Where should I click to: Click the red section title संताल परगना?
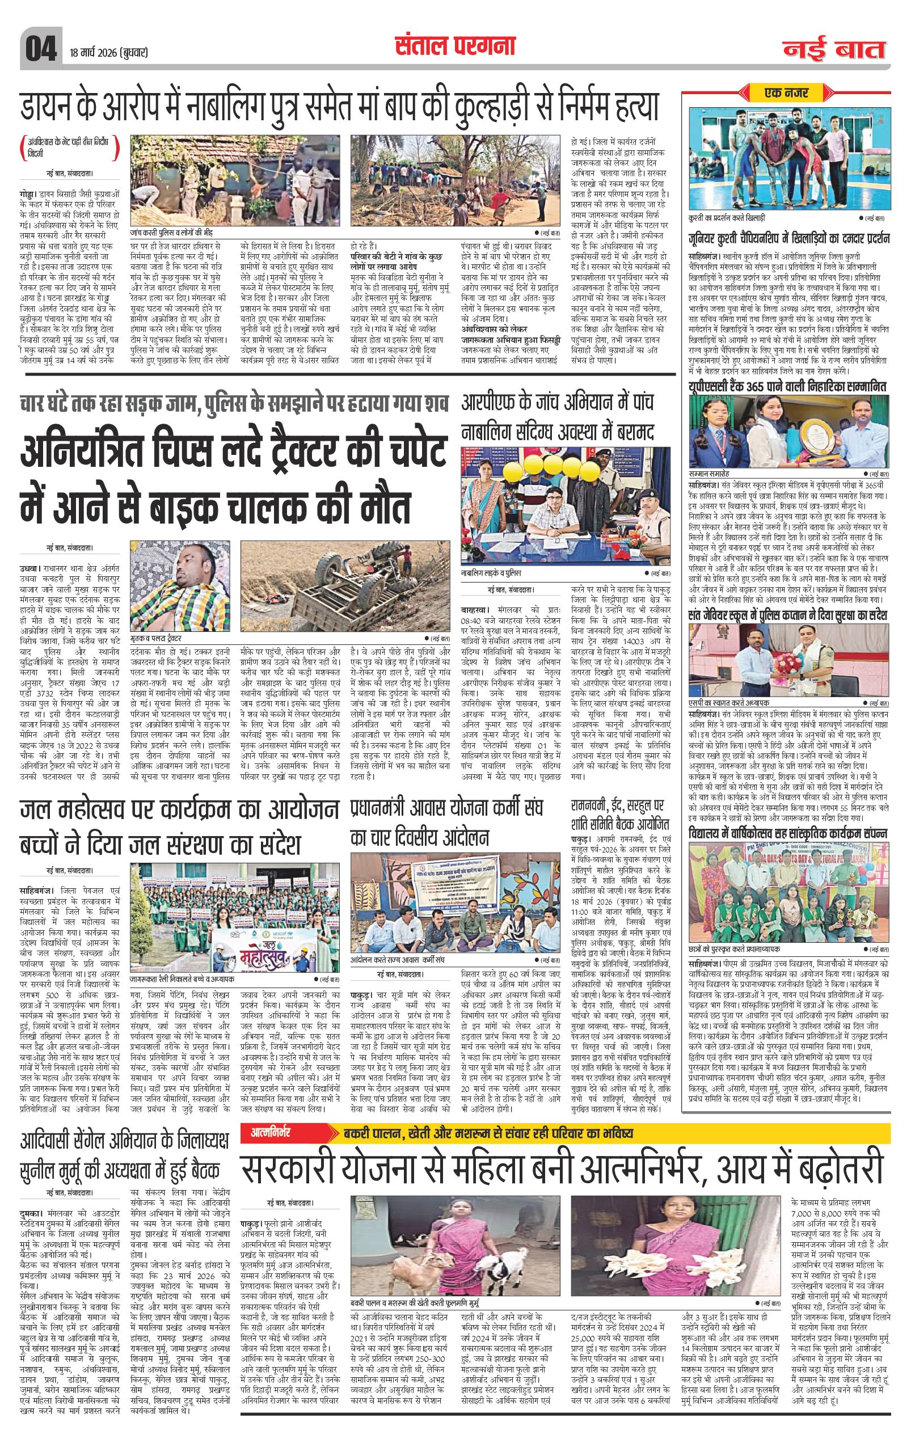(x=455, y=46)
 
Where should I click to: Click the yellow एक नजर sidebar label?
(x=786, y=92)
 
